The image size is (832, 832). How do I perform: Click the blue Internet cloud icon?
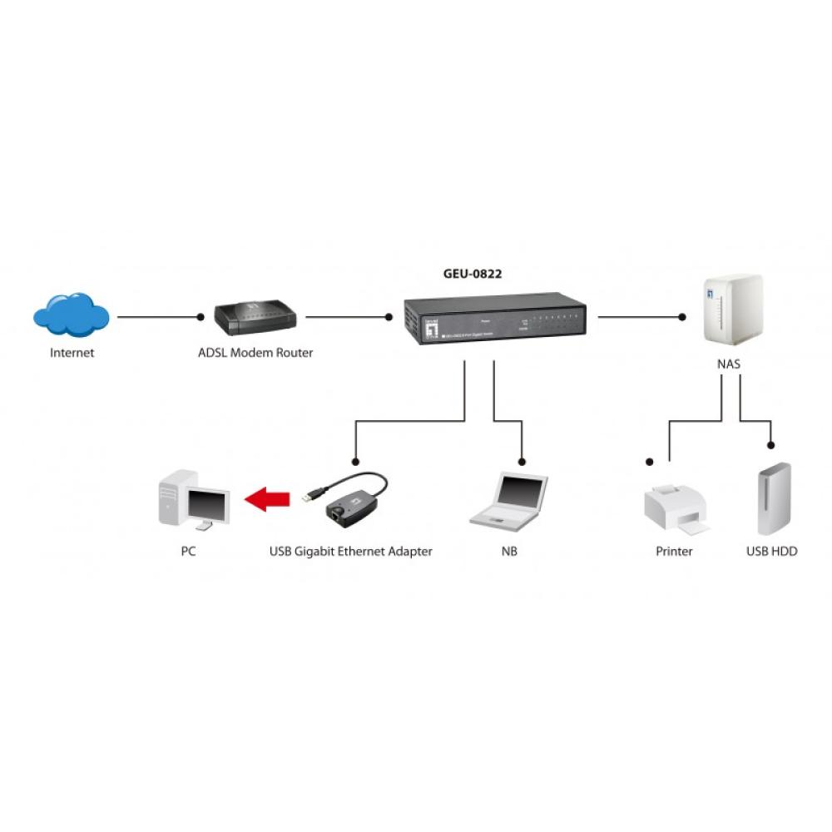click(x=72, y=315)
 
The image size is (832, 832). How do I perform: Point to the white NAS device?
click(x=733, y=309)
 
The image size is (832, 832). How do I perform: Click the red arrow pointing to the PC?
click(x=267, y=499)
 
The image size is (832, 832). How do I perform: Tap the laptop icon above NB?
click(x=509, y=502)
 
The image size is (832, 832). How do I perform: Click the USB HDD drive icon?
click(x=773, y=499)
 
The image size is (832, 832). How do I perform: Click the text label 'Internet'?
click(x=72, y=353)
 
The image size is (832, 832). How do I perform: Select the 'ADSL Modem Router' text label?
click(x=255, y=353)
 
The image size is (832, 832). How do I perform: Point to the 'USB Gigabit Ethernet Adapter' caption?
click(x=351, y=552)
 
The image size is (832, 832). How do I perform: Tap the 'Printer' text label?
click(x=674, y=552)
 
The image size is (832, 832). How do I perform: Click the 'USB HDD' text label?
click(x=772, y=552)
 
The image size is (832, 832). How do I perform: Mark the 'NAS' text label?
click(x=729, y=364)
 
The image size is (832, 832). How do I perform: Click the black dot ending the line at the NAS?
click(x=682, y=317)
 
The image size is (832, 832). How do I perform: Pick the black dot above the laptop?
click(x=522, y=461)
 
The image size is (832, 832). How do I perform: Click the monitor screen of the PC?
click(x=207, y=503)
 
